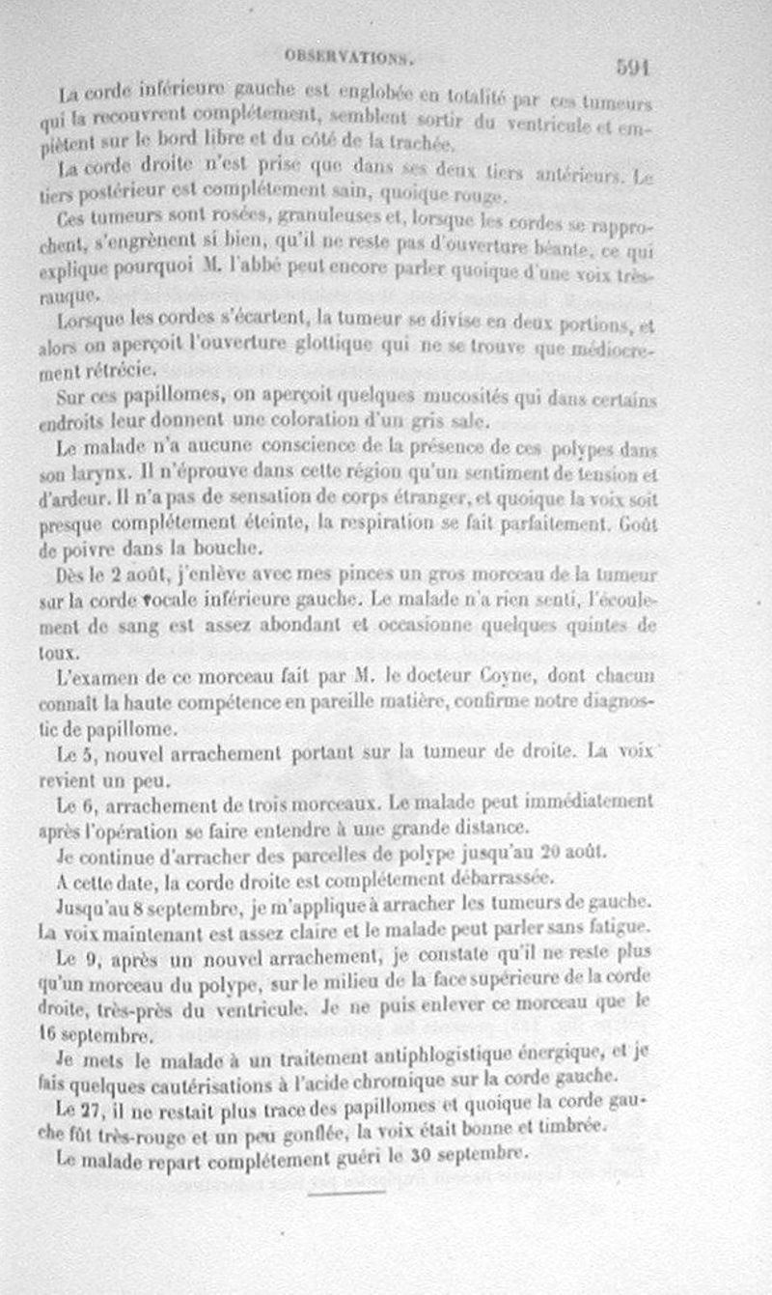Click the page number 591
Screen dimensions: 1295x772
pyautogui.click(x=633, y=69)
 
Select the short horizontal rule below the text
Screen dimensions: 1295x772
pyautogui.click(x=346, y=1192)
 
